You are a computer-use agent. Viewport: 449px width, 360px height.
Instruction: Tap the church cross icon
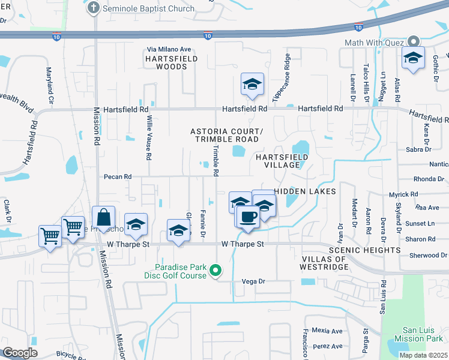tap(93, 8)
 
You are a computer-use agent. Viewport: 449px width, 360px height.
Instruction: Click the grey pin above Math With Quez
tap(413, 42)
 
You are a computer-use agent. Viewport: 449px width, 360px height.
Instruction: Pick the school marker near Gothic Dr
tap(413, 58)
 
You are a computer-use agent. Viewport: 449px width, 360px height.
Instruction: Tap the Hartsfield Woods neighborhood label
tap(166, 62)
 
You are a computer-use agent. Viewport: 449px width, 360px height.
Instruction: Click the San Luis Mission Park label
tap(421, 335)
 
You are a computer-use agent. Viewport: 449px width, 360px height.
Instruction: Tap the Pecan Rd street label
tap(117, 177)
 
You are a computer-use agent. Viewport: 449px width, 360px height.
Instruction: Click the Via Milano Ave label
tap(169, 49)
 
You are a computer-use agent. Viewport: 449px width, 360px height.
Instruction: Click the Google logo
tap(20, 353)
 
